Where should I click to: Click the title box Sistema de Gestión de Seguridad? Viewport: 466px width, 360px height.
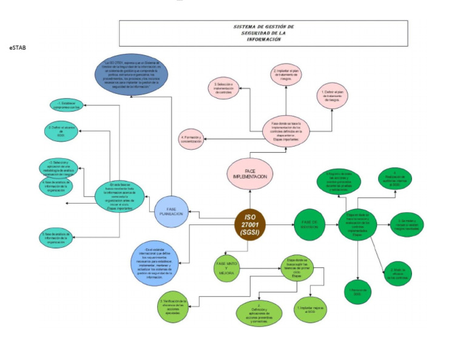pos(263,33)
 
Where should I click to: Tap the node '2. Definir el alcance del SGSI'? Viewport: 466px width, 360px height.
pos(60,131)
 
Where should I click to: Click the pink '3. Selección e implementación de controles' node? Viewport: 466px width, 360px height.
pos(225,89)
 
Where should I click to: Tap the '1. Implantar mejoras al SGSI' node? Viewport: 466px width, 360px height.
pos(312,308)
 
